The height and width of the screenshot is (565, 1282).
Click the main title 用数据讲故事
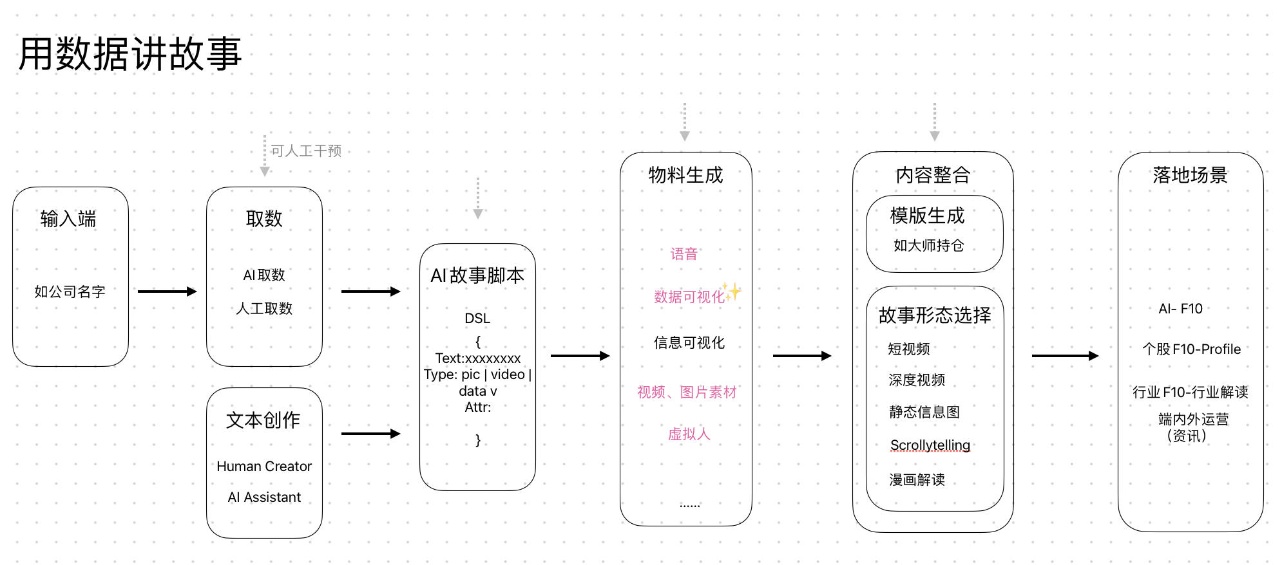tap(130, 54)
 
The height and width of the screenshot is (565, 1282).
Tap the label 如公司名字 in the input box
tap(70, 292)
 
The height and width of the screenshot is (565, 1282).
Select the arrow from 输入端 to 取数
tap(167, 292)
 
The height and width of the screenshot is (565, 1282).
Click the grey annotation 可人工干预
tap(306, 151)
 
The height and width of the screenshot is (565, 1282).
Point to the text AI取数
tap(264, 275)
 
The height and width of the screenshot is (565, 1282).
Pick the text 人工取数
tap(264, 309)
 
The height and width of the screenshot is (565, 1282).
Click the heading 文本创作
tap(263, 420)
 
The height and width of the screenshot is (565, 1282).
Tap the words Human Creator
tap(264, 466)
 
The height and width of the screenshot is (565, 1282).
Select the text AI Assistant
tap(264, 497)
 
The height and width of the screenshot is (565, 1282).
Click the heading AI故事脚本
tap(477, 275)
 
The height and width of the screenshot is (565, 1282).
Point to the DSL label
tap(477, 319)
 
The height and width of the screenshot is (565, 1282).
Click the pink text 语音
tap(684, 254)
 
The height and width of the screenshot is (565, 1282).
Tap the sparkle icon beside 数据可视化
tap(732, 292)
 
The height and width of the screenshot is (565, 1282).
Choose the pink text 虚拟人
tap(689, 434)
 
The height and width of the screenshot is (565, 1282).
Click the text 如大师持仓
tap(928, 245)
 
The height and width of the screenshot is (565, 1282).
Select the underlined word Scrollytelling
tap(930, 445)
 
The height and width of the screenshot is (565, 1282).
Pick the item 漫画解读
tap(917, 479)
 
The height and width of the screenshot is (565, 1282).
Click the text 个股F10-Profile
tap(1191, 349)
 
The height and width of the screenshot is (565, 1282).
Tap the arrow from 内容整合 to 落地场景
tap(1065, 356)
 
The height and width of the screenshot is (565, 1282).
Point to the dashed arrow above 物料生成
tap(685, 122)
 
